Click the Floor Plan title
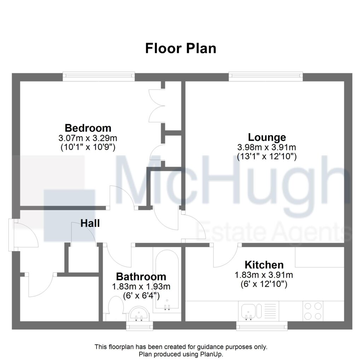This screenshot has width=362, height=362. point(181,48)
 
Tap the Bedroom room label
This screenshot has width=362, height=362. point(88,128)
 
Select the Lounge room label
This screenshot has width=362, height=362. point(267,138)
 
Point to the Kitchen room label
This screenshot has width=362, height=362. point(264,265)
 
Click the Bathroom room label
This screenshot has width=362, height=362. point(141,276)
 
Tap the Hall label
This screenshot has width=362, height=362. point(90,223)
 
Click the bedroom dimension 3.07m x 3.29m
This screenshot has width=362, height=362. point(88,138)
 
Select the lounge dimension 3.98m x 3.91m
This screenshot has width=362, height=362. point(267,147)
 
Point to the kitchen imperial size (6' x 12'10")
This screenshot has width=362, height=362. point(264,284)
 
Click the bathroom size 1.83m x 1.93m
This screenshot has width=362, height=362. point(141,286)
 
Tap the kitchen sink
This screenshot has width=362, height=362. point(251,311)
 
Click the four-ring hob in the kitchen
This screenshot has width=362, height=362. point(313,311)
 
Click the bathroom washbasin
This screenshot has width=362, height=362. point(139,314)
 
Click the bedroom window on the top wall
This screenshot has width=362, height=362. point(99,76)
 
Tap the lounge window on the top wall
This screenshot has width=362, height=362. point(265,76)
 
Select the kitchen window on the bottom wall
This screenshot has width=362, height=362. point(262,326)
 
